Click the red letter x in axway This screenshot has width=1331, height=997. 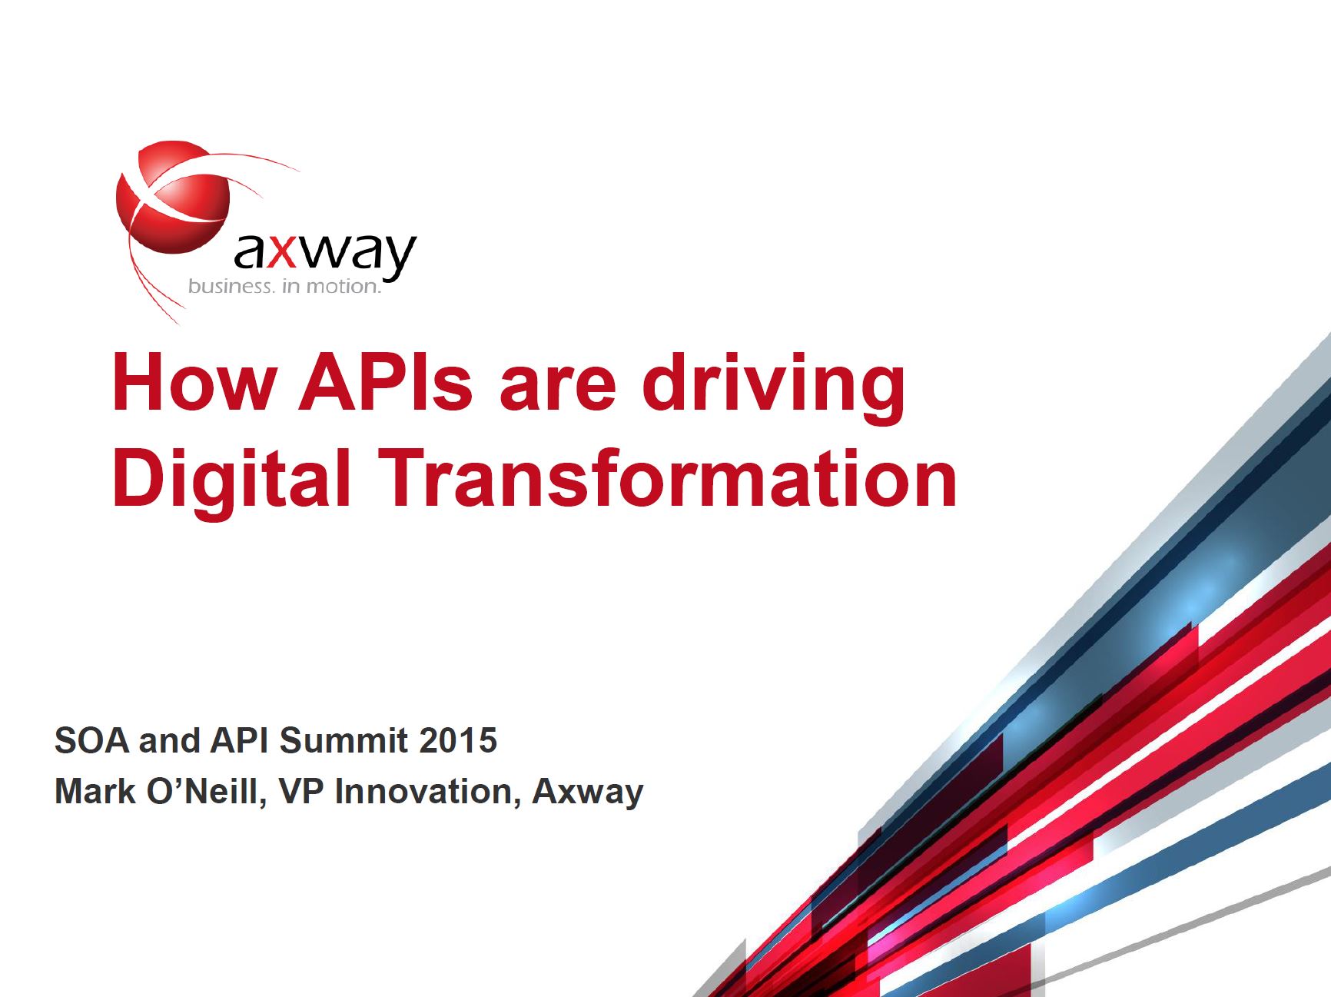click(283, 253)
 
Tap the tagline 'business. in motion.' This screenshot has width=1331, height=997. click(285, 287)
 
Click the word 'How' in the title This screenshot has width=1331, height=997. click(194, 382)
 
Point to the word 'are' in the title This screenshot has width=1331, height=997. click(558, 390)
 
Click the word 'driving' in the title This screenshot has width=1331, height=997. click(774, 388)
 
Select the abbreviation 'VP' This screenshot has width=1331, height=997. click(302, 792)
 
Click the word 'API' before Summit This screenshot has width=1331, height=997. click(239, 741)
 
